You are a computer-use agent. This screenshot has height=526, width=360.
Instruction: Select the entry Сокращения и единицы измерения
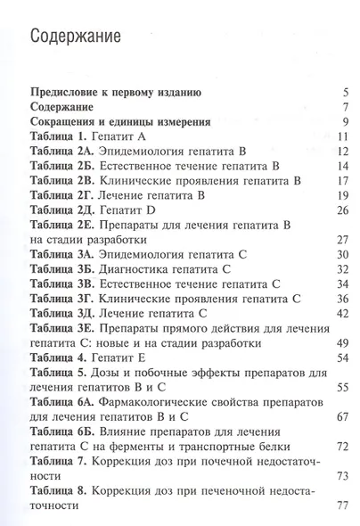point(120,122)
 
